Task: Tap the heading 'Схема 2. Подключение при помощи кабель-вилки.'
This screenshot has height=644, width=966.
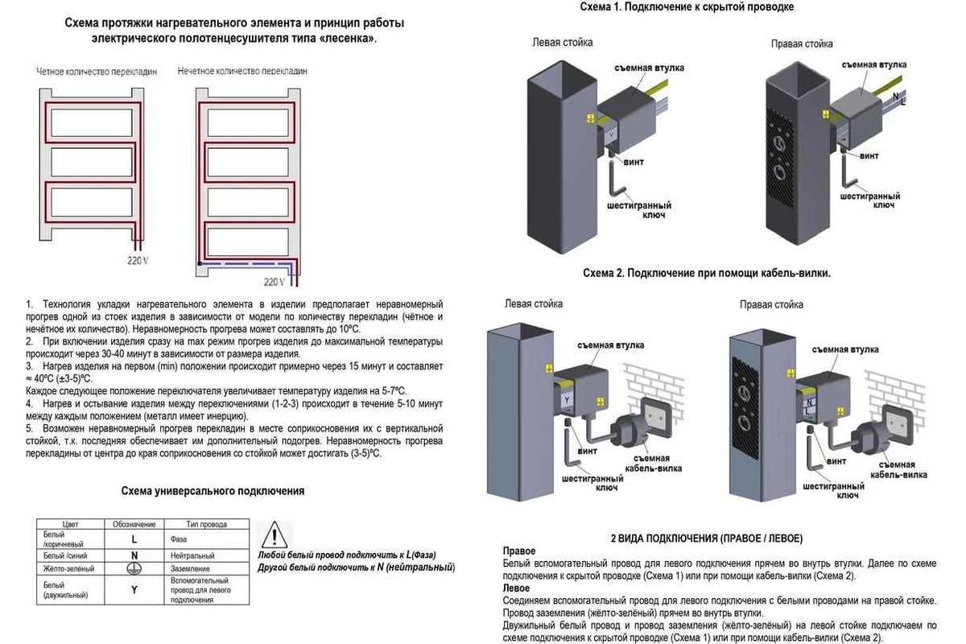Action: [706, 273]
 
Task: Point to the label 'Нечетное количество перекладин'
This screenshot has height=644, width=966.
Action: [242, 72]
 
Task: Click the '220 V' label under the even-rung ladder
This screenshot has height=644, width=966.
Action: [138, 260]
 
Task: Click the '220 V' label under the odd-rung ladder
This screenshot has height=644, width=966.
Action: [274, 281]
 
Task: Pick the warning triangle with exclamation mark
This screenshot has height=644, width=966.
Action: [275, 535]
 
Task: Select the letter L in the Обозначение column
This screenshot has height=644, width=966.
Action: [134, 539]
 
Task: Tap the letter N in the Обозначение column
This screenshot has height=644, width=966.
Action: [134, 555]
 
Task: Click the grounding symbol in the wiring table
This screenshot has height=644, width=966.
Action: [134, 569]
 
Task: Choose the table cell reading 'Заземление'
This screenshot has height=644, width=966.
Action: [190, 569]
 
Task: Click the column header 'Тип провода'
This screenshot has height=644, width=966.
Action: [202, 525]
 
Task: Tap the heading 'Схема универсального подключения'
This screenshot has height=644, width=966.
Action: [213, 490]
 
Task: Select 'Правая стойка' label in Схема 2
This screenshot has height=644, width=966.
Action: [771, 305]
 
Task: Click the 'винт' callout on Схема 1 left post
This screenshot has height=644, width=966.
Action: [634, 163]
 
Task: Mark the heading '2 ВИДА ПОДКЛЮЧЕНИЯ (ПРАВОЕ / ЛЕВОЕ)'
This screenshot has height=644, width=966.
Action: [707, 537]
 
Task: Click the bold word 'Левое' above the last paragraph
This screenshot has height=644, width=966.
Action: [516, 588]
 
